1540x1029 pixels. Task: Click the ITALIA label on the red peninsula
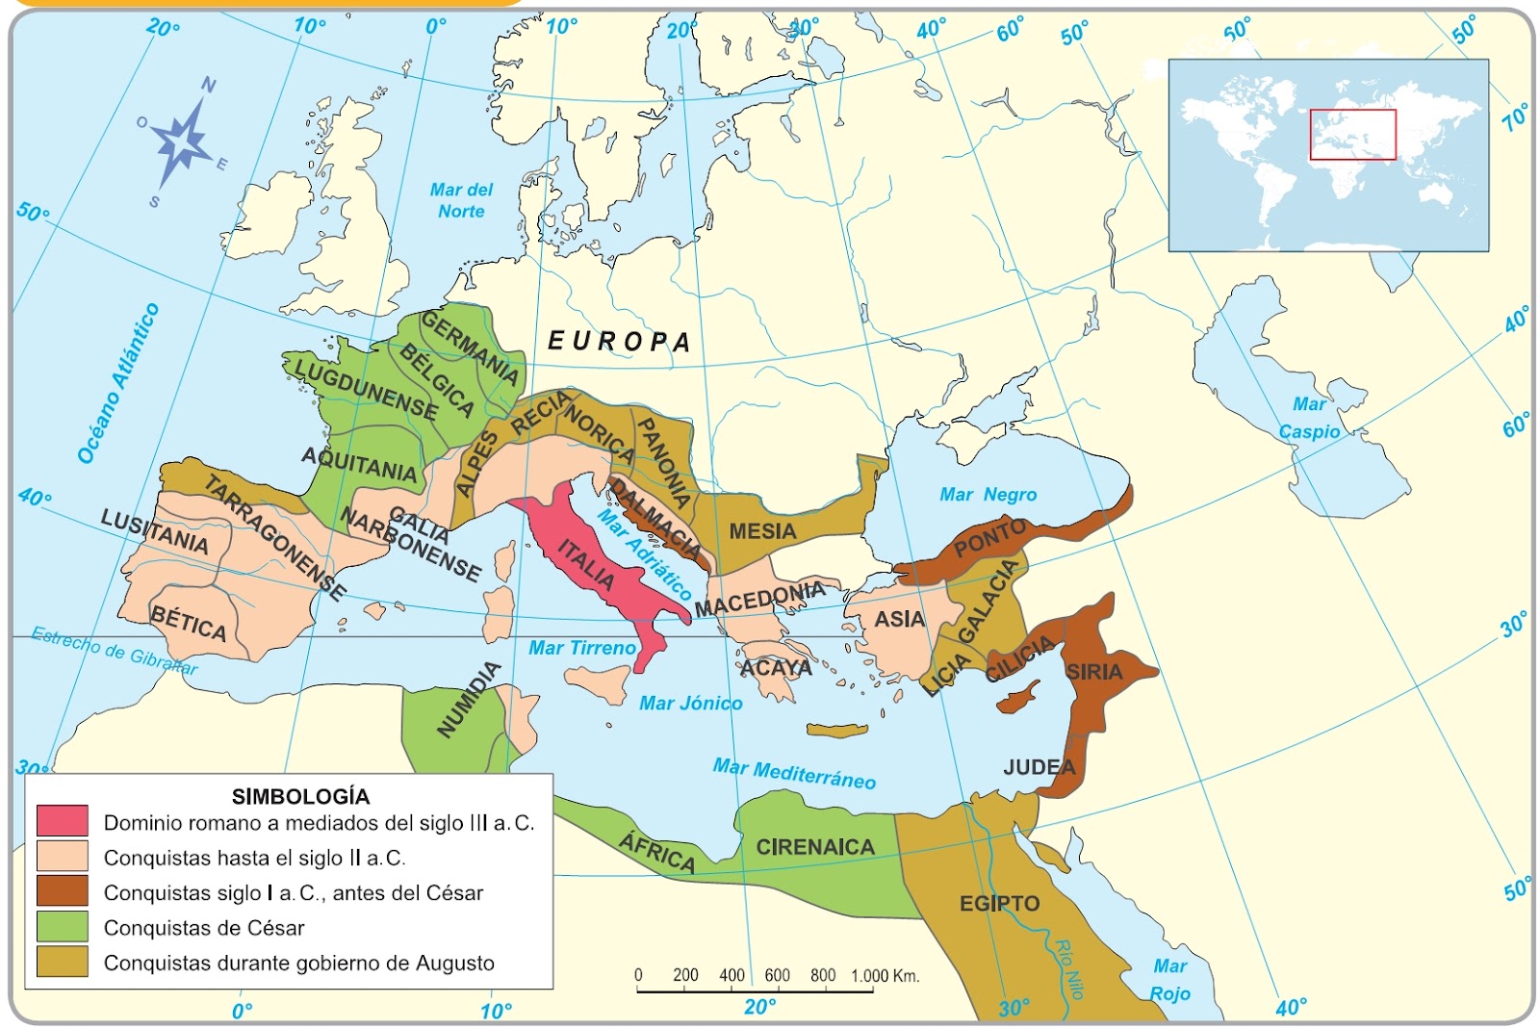tap(585, 565)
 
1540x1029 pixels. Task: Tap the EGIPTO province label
tap(999, 903)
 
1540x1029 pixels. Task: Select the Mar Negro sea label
tap(988, 495)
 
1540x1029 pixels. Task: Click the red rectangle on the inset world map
tap(1351, 135)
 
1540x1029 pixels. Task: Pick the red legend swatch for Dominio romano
tap(63, 821)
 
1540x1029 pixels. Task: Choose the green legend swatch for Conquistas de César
tap(63, 927)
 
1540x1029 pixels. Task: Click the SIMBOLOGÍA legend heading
tap(300, 796)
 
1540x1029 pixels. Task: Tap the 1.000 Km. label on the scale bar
tap(885, 975)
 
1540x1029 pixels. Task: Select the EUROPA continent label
tap(619, 341)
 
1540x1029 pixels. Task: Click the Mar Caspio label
tap(1309, 418)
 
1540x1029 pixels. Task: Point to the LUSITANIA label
tap(154, 532)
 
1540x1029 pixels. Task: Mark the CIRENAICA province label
tap(814, 847)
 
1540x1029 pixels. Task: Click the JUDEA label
tap(1039, 767)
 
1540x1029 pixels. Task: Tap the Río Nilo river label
tap(1068, 967)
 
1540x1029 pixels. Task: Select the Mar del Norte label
tap(461, 200)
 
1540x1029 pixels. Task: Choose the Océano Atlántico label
tap(117, 383)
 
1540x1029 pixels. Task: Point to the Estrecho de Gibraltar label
tap(114, 651)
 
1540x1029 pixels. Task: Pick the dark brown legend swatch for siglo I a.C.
tap(63, 891)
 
